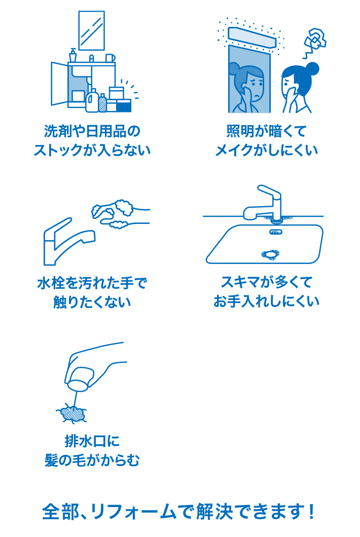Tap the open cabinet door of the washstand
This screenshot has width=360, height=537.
point(59,84)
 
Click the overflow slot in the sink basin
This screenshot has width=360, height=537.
point(275,232)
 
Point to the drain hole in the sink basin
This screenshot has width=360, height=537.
point(269,255)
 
